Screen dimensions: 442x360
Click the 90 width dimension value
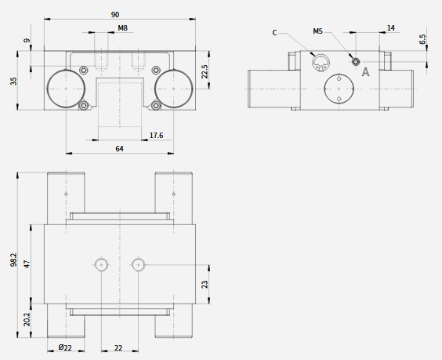coord(115,15)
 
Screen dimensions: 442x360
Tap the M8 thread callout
coord(122,28)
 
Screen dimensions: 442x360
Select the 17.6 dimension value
coord(156,136)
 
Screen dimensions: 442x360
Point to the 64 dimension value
coord(120,149)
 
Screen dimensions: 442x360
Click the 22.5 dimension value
coord(205,71)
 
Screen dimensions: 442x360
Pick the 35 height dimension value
coord(13,81)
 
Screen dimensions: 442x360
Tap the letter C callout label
coord(274,33)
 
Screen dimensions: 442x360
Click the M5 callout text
coord(317,31)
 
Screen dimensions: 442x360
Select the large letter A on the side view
coord(366,72)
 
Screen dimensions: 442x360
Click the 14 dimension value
coord(391,28)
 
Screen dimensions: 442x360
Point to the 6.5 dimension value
coord(422,39)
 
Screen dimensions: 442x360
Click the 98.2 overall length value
coord(13,260)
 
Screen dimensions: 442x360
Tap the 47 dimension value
coord(27,264)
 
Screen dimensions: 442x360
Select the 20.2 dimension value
coord(27,319)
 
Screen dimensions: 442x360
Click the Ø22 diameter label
coord(65,347)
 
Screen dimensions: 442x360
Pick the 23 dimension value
coord(205,284)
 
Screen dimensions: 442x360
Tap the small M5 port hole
coord(356,61)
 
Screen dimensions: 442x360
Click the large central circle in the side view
coord(324,89)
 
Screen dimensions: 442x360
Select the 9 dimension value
coord(27,40)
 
